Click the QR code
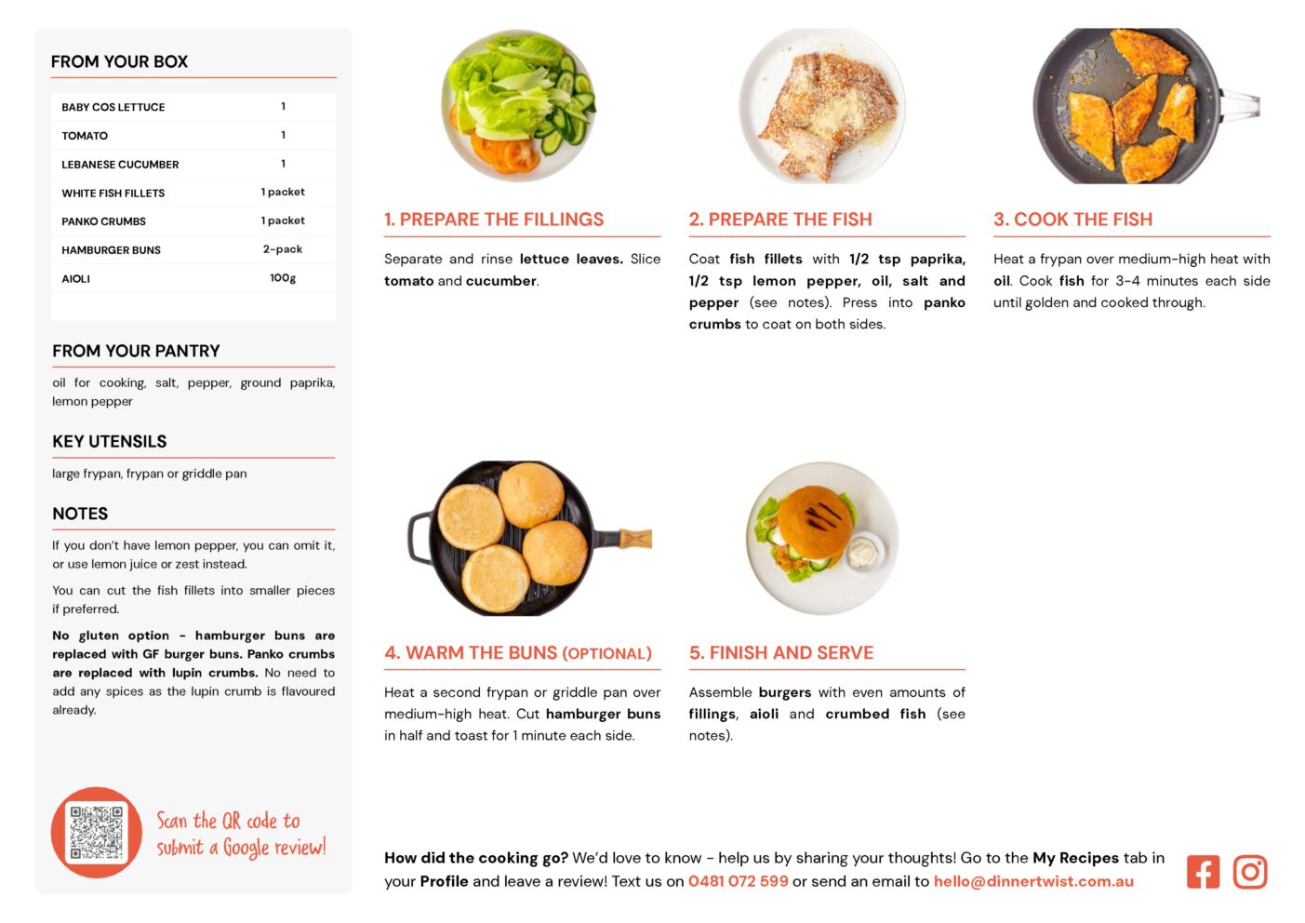point(97,832)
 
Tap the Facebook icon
point(1203,872)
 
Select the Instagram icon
point(1250,872)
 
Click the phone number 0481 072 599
point(739,881)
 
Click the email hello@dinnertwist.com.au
point(1033,881)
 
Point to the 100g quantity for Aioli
point(283,278)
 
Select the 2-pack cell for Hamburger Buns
point(283,249)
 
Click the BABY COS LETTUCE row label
point(113,107)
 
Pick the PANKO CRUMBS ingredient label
point(103,221)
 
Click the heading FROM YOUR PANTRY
point(136,351)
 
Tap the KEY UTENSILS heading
point(110,442)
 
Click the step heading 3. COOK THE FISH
point(1073,219)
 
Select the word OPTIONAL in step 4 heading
point(606,654)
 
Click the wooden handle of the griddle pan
point(635,538)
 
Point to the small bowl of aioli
point(863,551)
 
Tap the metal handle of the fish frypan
point(1240,106)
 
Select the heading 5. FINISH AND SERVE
point(781,652)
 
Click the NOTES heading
point(80,514)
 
